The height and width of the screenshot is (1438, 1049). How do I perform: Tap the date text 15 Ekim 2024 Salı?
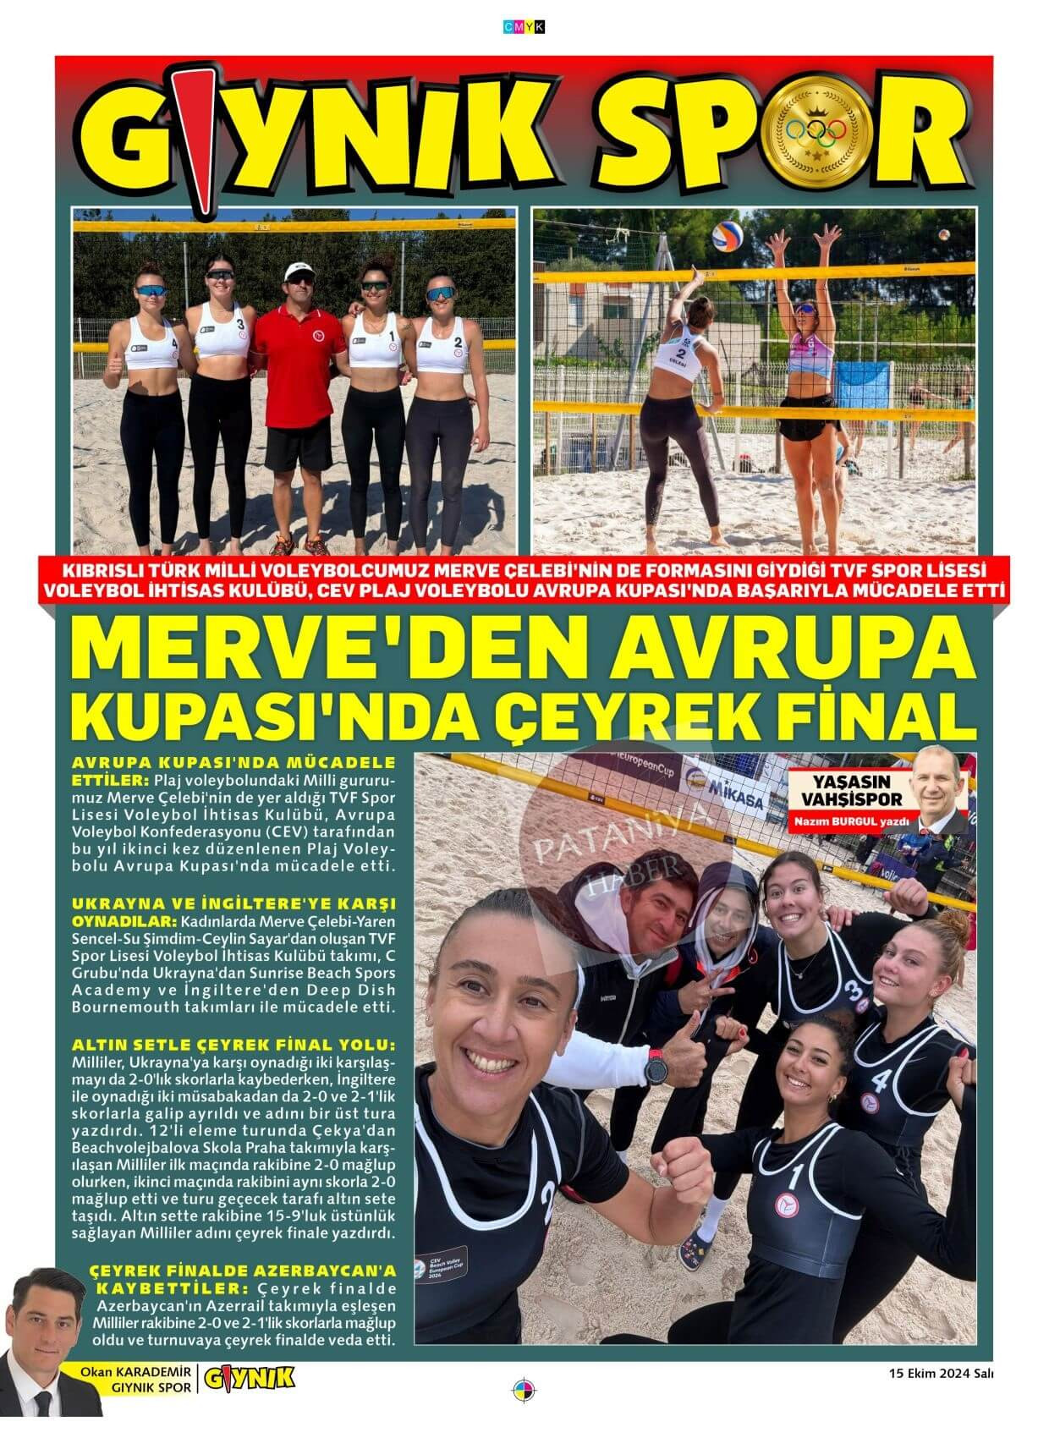coord(940,1374)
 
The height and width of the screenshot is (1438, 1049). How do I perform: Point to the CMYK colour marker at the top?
coord(524,27)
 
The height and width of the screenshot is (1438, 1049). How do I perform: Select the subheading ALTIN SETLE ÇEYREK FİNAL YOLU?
coord(233,1043)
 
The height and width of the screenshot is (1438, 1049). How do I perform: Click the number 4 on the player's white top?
coord(175,344)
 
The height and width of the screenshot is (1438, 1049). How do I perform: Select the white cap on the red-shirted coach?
coord(299,271)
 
